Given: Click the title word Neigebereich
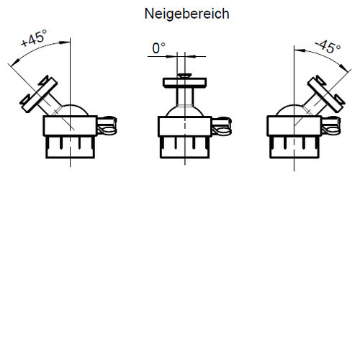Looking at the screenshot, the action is pos(187,14).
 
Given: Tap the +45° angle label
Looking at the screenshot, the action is pos(34,38).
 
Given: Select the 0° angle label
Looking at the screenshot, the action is pos(159,48).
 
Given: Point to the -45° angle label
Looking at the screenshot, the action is pos(328,47).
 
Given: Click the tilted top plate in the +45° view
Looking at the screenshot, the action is pos(38,94).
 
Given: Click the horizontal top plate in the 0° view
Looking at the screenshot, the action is pos(185,83).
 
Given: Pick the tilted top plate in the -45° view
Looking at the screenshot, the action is pos(326,94).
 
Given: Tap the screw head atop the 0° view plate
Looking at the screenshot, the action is pos(184,76).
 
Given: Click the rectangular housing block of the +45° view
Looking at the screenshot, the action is pos(70,126).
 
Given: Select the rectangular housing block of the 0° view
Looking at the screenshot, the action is pos(185,126).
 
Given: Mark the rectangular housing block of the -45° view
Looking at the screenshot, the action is pos(294,126).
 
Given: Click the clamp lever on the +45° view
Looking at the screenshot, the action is pos(107,125).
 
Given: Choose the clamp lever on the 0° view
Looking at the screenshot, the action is pos(222,126).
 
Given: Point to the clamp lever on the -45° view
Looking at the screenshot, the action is pos(331,125).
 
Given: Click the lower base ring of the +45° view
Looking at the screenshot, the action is pos(70,147).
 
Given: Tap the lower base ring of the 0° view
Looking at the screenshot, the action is pos(185,148).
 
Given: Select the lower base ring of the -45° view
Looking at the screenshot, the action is pos(294,147).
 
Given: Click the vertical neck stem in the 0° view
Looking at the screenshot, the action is pos(185,96).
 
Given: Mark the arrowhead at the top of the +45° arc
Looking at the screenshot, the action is pos(65,42).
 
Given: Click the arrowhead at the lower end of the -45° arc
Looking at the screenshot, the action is pos(344,68).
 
